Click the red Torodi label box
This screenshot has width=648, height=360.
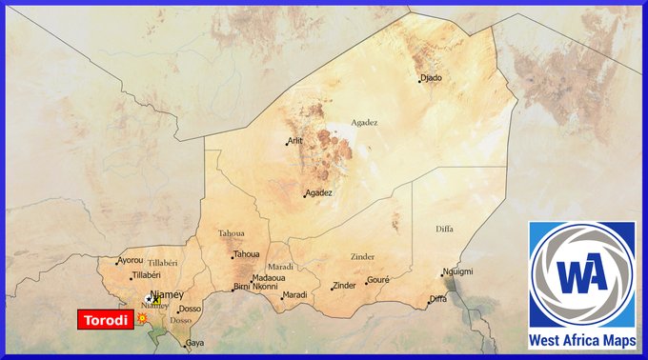pos(104,319)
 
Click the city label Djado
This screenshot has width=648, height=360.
pos(432,78)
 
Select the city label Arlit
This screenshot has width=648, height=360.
pos(295,141)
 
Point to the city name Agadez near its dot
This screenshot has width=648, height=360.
pos(319,192)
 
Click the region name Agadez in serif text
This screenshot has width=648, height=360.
pos(364,122)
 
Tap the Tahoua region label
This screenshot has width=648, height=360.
pos(232,232)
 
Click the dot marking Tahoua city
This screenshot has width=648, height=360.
pos(233,255)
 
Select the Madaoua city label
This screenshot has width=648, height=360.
pos(268,277)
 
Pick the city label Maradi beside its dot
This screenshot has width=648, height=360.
pos(295,294)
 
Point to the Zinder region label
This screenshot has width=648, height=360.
pos(363,256)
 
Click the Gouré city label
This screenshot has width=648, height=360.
pos(379,281)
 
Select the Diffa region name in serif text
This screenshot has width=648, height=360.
pos(444,229)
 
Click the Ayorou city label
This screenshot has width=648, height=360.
pos(131,260)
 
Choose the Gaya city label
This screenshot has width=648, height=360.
pos(194,342)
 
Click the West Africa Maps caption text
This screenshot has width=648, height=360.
pos(582,339)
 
